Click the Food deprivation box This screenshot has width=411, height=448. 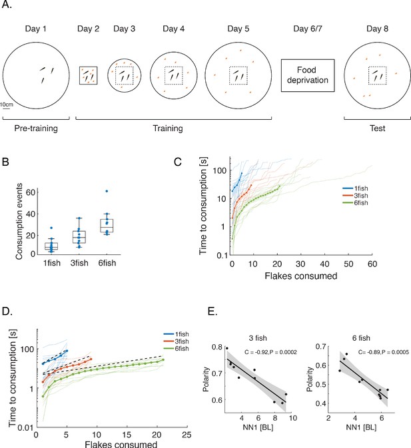308,75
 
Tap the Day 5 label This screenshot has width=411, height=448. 238,29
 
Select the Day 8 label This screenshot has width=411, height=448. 377,29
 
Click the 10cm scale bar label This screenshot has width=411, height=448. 6,105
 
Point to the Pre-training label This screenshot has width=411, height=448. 36,128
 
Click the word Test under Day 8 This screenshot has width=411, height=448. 377,128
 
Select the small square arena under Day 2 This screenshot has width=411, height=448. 89,75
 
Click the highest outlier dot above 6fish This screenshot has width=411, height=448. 107,191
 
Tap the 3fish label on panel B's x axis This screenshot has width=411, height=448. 79,263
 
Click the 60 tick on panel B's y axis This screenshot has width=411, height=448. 30,192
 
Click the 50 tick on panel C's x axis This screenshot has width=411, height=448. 348,264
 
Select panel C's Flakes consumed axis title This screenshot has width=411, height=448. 301,276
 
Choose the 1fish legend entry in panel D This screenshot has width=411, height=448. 176,334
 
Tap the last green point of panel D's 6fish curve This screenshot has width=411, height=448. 163,359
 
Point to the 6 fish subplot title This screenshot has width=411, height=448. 361,338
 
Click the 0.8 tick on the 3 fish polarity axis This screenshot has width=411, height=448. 217,347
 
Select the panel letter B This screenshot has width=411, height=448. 5,162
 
